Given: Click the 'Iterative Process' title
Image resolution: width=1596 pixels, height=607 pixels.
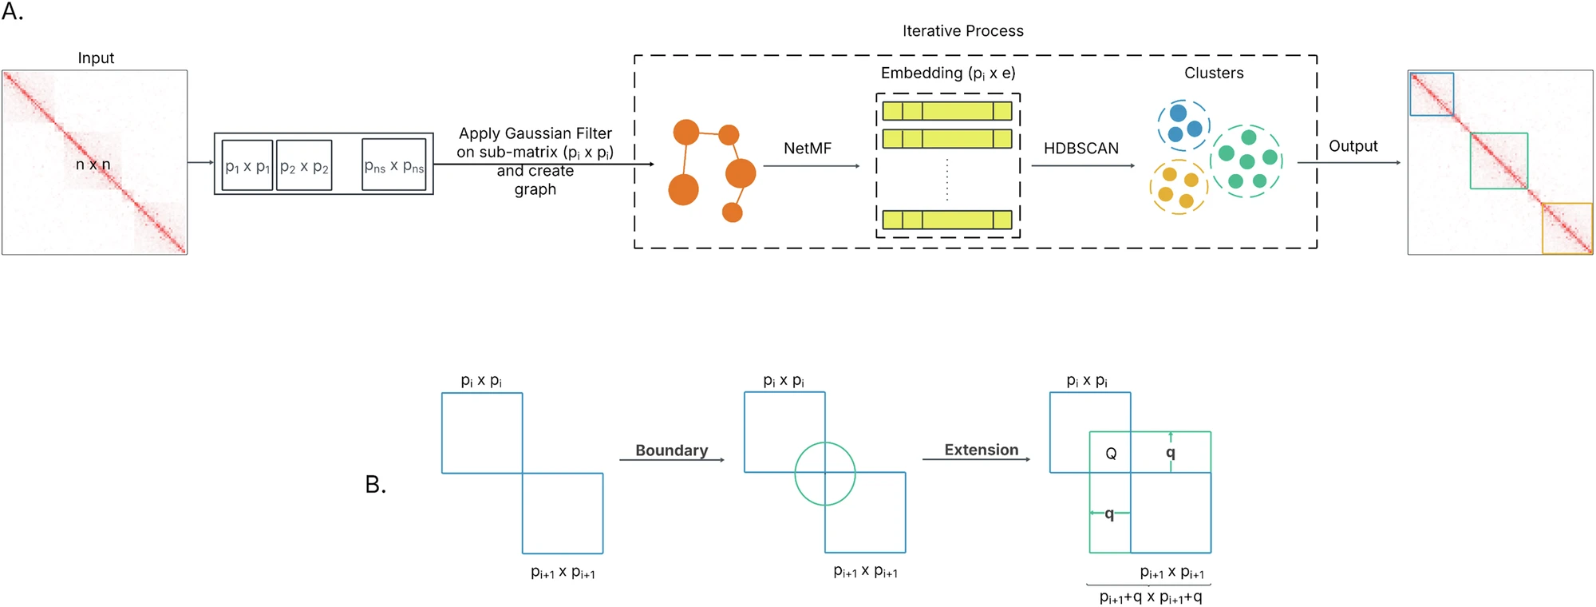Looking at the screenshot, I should (962, 31).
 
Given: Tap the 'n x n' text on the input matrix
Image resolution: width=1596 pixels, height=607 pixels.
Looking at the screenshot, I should (93, 165).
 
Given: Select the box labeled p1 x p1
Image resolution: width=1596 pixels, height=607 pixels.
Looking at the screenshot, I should (247, 165).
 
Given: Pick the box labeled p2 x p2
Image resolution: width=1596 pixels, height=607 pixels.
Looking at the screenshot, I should (304, 165).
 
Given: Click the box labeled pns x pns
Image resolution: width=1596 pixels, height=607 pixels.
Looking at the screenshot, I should (393, 165).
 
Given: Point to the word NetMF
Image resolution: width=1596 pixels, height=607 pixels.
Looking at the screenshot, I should (807, 149).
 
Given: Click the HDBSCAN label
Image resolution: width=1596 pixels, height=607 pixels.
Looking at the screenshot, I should (1080, 149).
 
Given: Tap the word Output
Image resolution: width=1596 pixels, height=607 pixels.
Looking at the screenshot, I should (1353, 146).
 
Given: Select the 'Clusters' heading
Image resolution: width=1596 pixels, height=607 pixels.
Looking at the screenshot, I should (1213, 73).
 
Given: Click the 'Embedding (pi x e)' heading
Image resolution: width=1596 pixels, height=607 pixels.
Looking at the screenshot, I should (947, 73).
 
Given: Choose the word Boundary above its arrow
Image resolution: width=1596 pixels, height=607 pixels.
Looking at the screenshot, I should (671, 450).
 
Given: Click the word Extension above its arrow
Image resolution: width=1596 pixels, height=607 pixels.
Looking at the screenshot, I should (981, 450).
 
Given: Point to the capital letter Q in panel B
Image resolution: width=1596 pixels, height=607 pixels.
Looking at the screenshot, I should (1110, 454).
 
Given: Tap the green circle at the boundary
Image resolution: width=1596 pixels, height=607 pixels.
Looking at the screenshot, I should (825, 474).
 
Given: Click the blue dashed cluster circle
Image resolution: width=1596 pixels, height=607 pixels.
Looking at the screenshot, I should (1183, 125).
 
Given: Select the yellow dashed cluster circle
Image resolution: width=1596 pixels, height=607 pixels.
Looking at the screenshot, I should (1178, 187).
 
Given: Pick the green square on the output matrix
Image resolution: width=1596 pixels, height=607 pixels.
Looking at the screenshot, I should (1499, 161).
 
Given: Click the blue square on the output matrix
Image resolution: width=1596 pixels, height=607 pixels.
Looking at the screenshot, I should (1432, 94).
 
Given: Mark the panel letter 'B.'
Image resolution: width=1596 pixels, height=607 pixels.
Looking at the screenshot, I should (375, 484).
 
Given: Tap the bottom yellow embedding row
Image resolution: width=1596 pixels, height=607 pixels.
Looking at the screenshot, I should (946, 220).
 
